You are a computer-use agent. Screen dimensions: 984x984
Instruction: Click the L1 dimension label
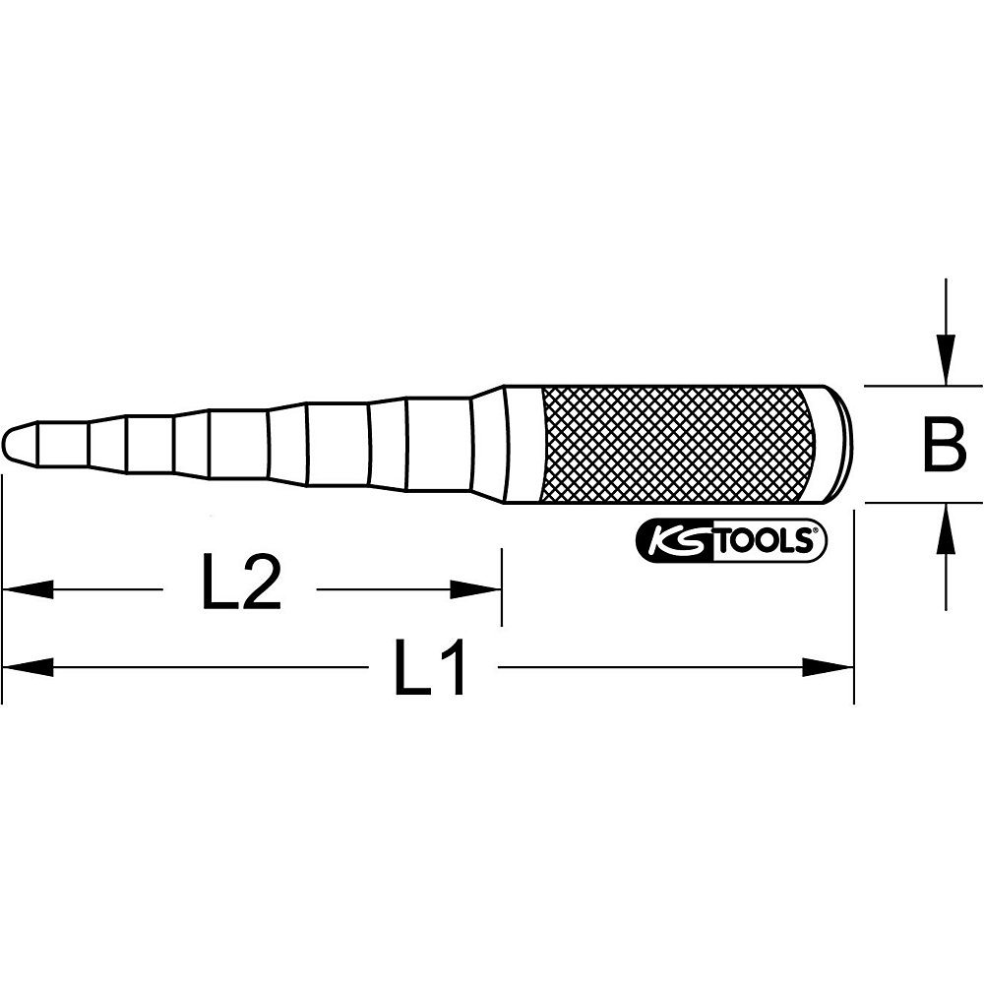tap(431, 669)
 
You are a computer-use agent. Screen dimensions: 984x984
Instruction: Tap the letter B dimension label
tap(946, 444)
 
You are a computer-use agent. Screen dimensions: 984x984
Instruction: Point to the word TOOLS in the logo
tap(763, 540)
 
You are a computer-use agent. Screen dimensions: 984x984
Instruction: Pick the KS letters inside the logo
tap(672, 540)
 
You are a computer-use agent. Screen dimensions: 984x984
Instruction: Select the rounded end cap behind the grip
tap(839, 443)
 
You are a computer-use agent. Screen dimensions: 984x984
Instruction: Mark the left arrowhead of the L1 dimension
tap(26, 668)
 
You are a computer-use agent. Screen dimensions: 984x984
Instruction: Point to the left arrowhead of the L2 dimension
tap(26, 589)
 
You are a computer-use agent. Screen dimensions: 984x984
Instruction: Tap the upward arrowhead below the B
tap(946, 527)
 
